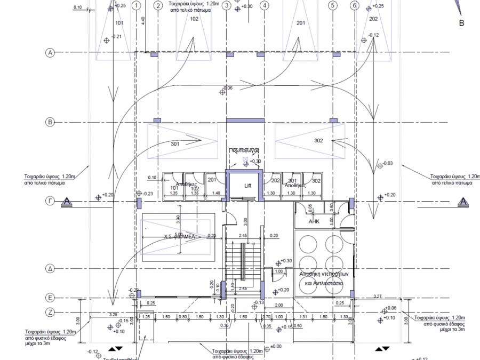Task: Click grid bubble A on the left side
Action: tap(51, 53)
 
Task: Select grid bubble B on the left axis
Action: tap(51, 122)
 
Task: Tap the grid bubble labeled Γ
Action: tap(51, 201)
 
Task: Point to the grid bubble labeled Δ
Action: tap(51, 268)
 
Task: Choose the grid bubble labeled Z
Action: tap(51, 313)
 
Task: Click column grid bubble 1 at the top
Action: tap(137, 6)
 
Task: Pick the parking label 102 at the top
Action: tap(194, 19)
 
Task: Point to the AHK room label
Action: tap(314, 220)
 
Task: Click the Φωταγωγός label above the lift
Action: tap(244, 150)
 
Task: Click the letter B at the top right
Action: tap(462, 23)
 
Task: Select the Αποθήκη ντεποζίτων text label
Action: tap(319, 273)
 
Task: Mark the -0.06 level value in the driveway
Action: tap(228, 87)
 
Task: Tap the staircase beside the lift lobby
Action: tap(243, 261)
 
